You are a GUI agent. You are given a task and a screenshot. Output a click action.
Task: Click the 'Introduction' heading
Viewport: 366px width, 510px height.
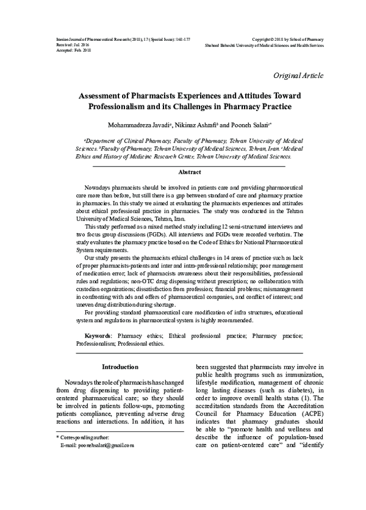click(x=120, y=367)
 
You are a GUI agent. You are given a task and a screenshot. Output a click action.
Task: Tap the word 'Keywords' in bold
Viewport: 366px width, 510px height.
click(x=98, y=336)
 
